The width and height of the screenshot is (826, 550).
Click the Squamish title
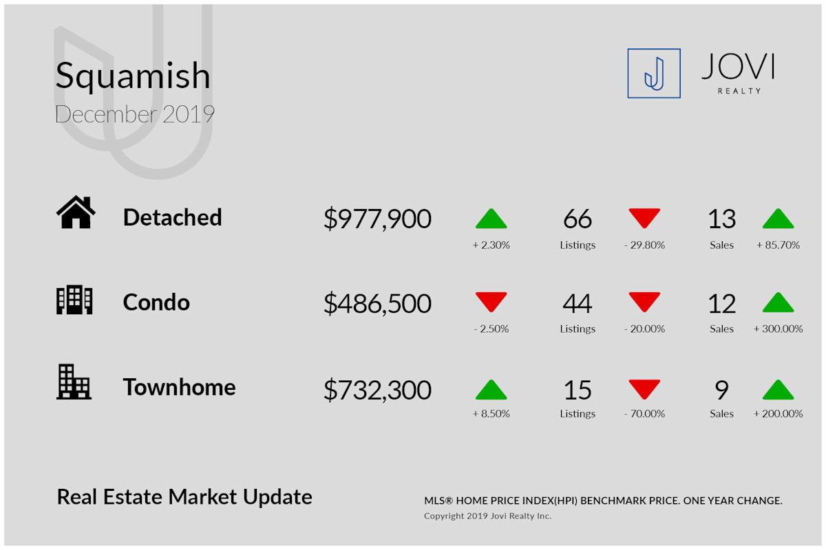(133, 76)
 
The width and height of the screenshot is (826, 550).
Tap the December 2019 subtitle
(135, 114)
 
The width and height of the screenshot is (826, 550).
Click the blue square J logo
(654, 74)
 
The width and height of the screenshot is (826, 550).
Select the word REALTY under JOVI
(739, 91)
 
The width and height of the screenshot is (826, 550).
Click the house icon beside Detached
(76, 212)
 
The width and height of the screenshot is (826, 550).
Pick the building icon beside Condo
(74, 300)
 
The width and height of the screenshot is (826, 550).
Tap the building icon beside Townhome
(74, 382)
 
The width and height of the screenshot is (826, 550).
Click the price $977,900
(377, 219)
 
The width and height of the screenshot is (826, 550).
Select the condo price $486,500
(377, 304)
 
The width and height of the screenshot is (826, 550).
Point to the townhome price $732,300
(377, 390)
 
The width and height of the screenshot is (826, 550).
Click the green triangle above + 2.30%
(491, 219)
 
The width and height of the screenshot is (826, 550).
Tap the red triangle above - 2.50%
(491, 302)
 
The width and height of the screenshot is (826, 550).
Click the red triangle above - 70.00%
(644, 389)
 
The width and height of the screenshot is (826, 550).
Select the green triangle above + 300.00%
(778, 302)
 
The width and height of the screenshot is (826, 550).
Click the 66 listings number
(578, 219)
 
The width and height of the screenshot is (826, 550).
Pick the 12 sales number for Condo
(721, 304)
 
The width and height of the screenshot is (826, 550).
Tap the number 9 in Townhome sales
(721, 390)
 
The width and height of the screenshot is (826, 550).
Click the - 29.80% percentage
(644, 245)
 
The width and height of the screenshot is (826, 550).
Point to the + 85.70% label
(778, 245)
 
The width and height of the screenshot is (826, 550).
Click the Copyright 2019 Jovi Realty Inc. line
(487, 516)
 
